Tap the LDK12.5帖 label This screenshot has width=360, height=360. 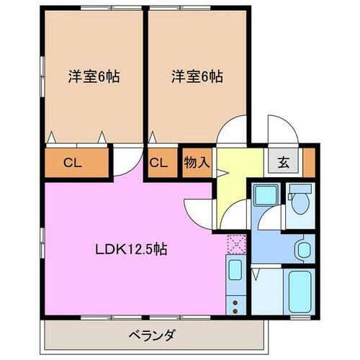pyautogui.click(x=132, y=250)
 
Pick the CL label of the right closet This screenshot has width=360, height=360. pyautogui.click(x=158, y=163)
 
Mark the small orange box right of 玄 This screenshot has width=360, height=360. pyautogui.click(x=308, y=162)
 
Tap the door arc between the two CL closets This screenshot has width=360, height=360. pyautogui.click(x=128, y=160)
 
